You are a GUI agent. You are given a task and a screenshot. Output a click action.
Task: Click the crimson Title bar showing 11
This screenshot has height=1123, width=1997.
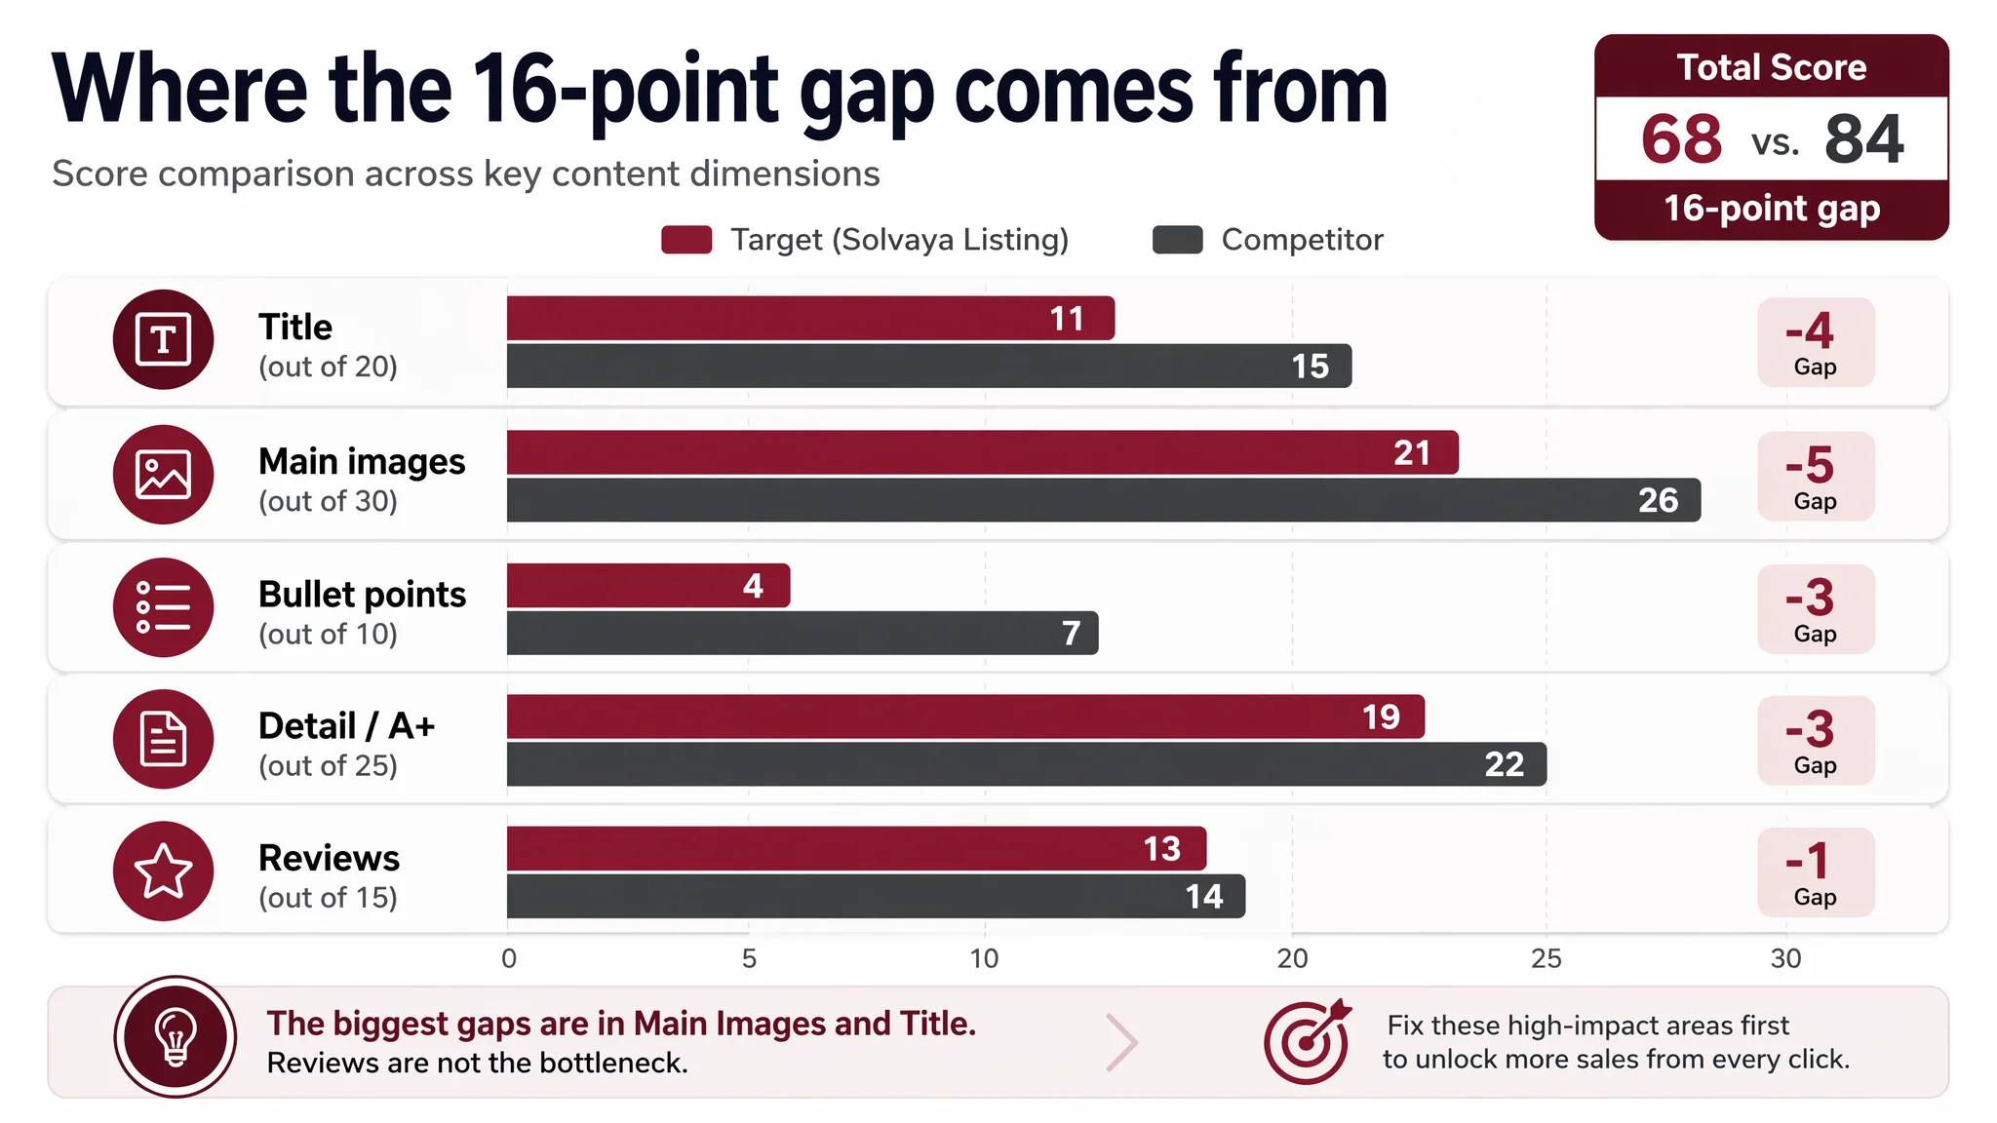(810, 318)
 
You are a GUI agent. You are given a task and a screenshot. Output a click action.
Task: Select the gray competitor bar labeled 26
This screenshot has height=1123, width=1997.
(1104, 500)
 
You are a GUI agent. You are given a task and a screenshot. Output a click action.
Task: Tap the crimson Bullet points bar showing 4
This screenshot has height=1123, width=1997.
(648, 586)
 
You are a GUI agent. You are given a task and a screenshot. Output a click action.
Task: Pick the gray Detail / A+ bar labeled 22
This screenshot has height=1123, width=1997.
(1027, 764)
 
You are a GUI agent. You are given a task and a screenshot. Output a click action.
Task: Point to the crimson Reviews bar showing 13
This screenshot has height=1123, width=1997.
(857, 848)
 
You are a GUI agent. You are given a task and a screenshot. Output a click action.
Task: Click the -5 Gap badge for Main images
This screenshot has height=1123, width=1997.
(1816, 477)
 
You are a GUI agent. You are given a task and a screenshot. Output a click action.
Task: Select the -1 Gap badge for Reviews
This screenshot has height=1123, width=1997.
(1816, 872)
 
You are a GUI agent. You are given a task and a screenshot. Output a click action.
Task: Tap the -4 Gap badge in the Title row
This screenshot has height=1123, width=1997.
(1816, 342)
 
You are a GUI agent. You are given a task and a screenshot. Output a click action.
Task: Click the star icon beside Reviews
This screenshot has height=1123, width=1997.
(163, 871)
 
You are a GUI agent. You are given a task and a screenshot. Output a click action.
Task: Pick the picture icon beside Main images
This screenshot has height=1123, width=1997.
(163, 475)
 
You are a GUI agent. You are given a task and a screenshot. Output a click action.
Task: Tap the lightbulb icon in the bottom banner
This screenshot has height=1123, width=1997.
(176, 1037)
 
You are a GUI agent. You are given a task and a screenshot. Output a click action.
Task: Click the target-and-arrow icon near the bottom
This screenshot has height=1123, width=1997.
(1308, 1041)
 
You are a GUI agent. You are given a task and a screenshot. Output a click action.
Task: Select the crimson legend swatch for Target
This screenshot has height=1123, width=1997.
(686, 240)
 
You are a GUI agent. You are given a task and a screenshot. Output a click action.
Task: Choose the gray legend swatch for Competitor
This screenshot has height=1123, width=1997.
(1178, 240)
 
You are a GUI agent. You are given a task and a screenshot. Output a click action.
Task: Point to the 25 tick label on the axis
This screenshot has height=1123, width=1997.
(1547, 959)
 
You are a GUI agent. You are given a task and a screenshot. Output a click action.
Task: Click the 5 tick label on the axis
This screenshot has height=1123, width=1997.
(749, 959)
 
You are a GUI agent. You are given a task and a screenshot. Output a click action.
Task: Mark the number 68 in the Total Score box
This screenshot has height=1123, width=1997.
(1682, 139)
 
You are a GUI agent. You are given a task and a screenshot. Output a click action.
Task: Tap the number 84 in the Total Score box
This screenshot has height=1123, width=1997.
(1863, 139)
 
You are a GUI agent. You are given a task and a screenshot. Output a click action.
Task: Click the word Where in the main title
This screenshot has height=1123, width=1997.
(179, 90)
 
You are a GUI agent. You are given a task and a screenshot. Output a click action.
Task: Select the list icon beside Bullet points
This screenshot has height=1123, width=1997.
(163, 607)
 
